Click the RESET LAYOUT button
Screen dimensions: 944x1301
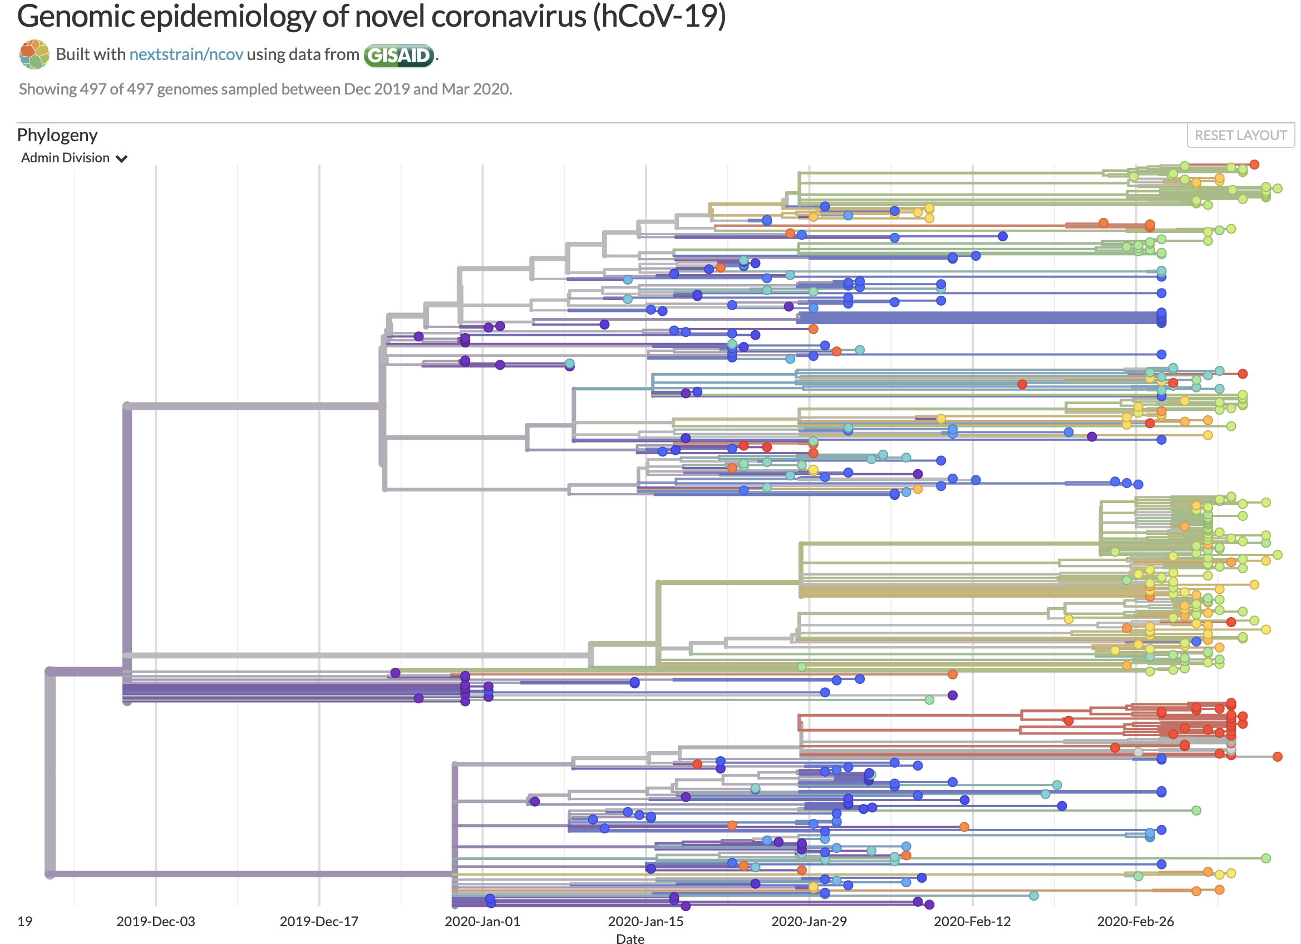tap(1240, 135)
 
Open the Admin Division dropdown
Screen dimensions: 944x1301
tap(73, 158)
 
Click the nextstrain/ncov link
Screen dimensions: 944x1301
tap(186, 54)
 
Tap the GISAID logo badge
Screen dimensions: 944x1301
tap(398, 55)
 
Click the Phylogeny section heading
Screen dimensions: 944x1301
tap(57, 135)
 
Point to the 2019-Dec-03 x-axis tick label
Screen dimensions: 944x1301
tap(155, 921)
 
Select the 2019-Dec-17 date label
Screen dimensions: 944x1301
tap(318, 921)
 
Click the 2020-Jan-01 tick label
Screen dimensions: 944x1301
tap(482, 921)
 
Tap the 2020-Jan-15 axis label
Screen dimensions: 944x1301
tap(645, 921)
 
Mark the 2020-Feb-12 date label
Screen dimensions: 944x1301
tap(972, 921)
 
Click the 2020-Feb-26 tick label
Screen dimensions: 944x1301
tap(1135, 921)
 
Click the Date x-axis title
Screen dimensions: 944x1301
tap(630, 938)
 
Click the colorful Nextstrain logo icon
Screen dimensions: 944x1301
tap(34, 54)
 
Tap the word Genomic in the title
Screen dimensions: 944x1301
tap(76, 16)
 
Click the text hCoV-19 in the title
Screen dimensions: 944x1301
tap(659, 16)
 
